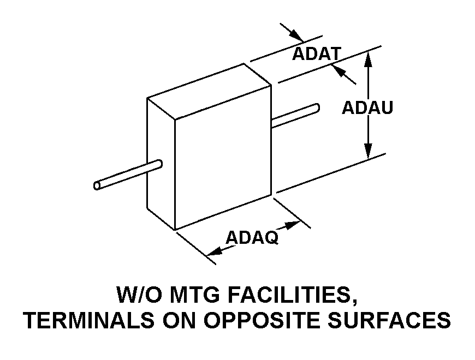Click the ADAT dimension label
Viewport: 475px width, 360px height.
[x=317, y=54]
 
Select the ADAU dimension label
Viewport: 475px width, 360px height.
[x=367, y=107]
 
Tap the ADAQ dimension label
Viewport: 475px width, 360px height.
[x=252, y=237]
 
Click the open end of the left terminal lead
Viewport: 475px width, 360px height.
[x=97, y=185]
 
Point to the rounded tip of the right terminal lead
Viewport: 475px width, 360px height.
[x=317, y=107]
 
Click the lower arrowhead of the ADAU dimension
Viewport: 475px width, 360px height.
[x=368, y=151]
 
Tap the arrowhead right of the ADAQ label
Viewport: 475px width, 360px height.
[x=292, y=225]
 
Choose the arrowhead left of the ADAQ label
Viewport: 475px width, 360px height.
[x=215, y=251]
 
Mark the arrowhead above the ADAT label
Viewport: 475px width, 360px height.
[x=296, y=35]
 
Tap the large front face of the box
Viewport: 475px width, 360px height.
[x=223, y=157]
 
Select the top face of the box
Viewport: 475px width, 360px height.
[x=209, y=91]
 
